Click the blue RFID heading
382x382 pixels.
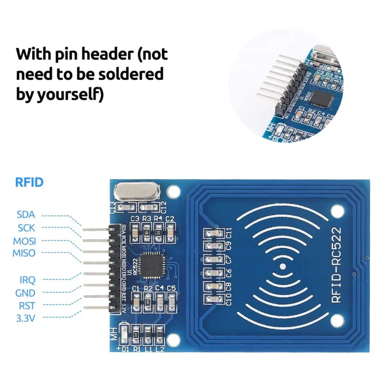click(x=30, y=182)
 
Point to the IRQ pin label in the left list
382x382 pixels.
click(x=27, y=279)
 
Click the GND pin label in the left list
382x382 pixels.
click(x=26, y=293)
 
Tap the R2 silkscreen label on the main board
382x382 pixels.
click(x=148, y=288)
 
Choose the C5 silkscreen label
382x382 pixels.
click(x=171, y=288)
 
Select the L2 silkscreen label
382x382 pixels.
click(x=160, y=350)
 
